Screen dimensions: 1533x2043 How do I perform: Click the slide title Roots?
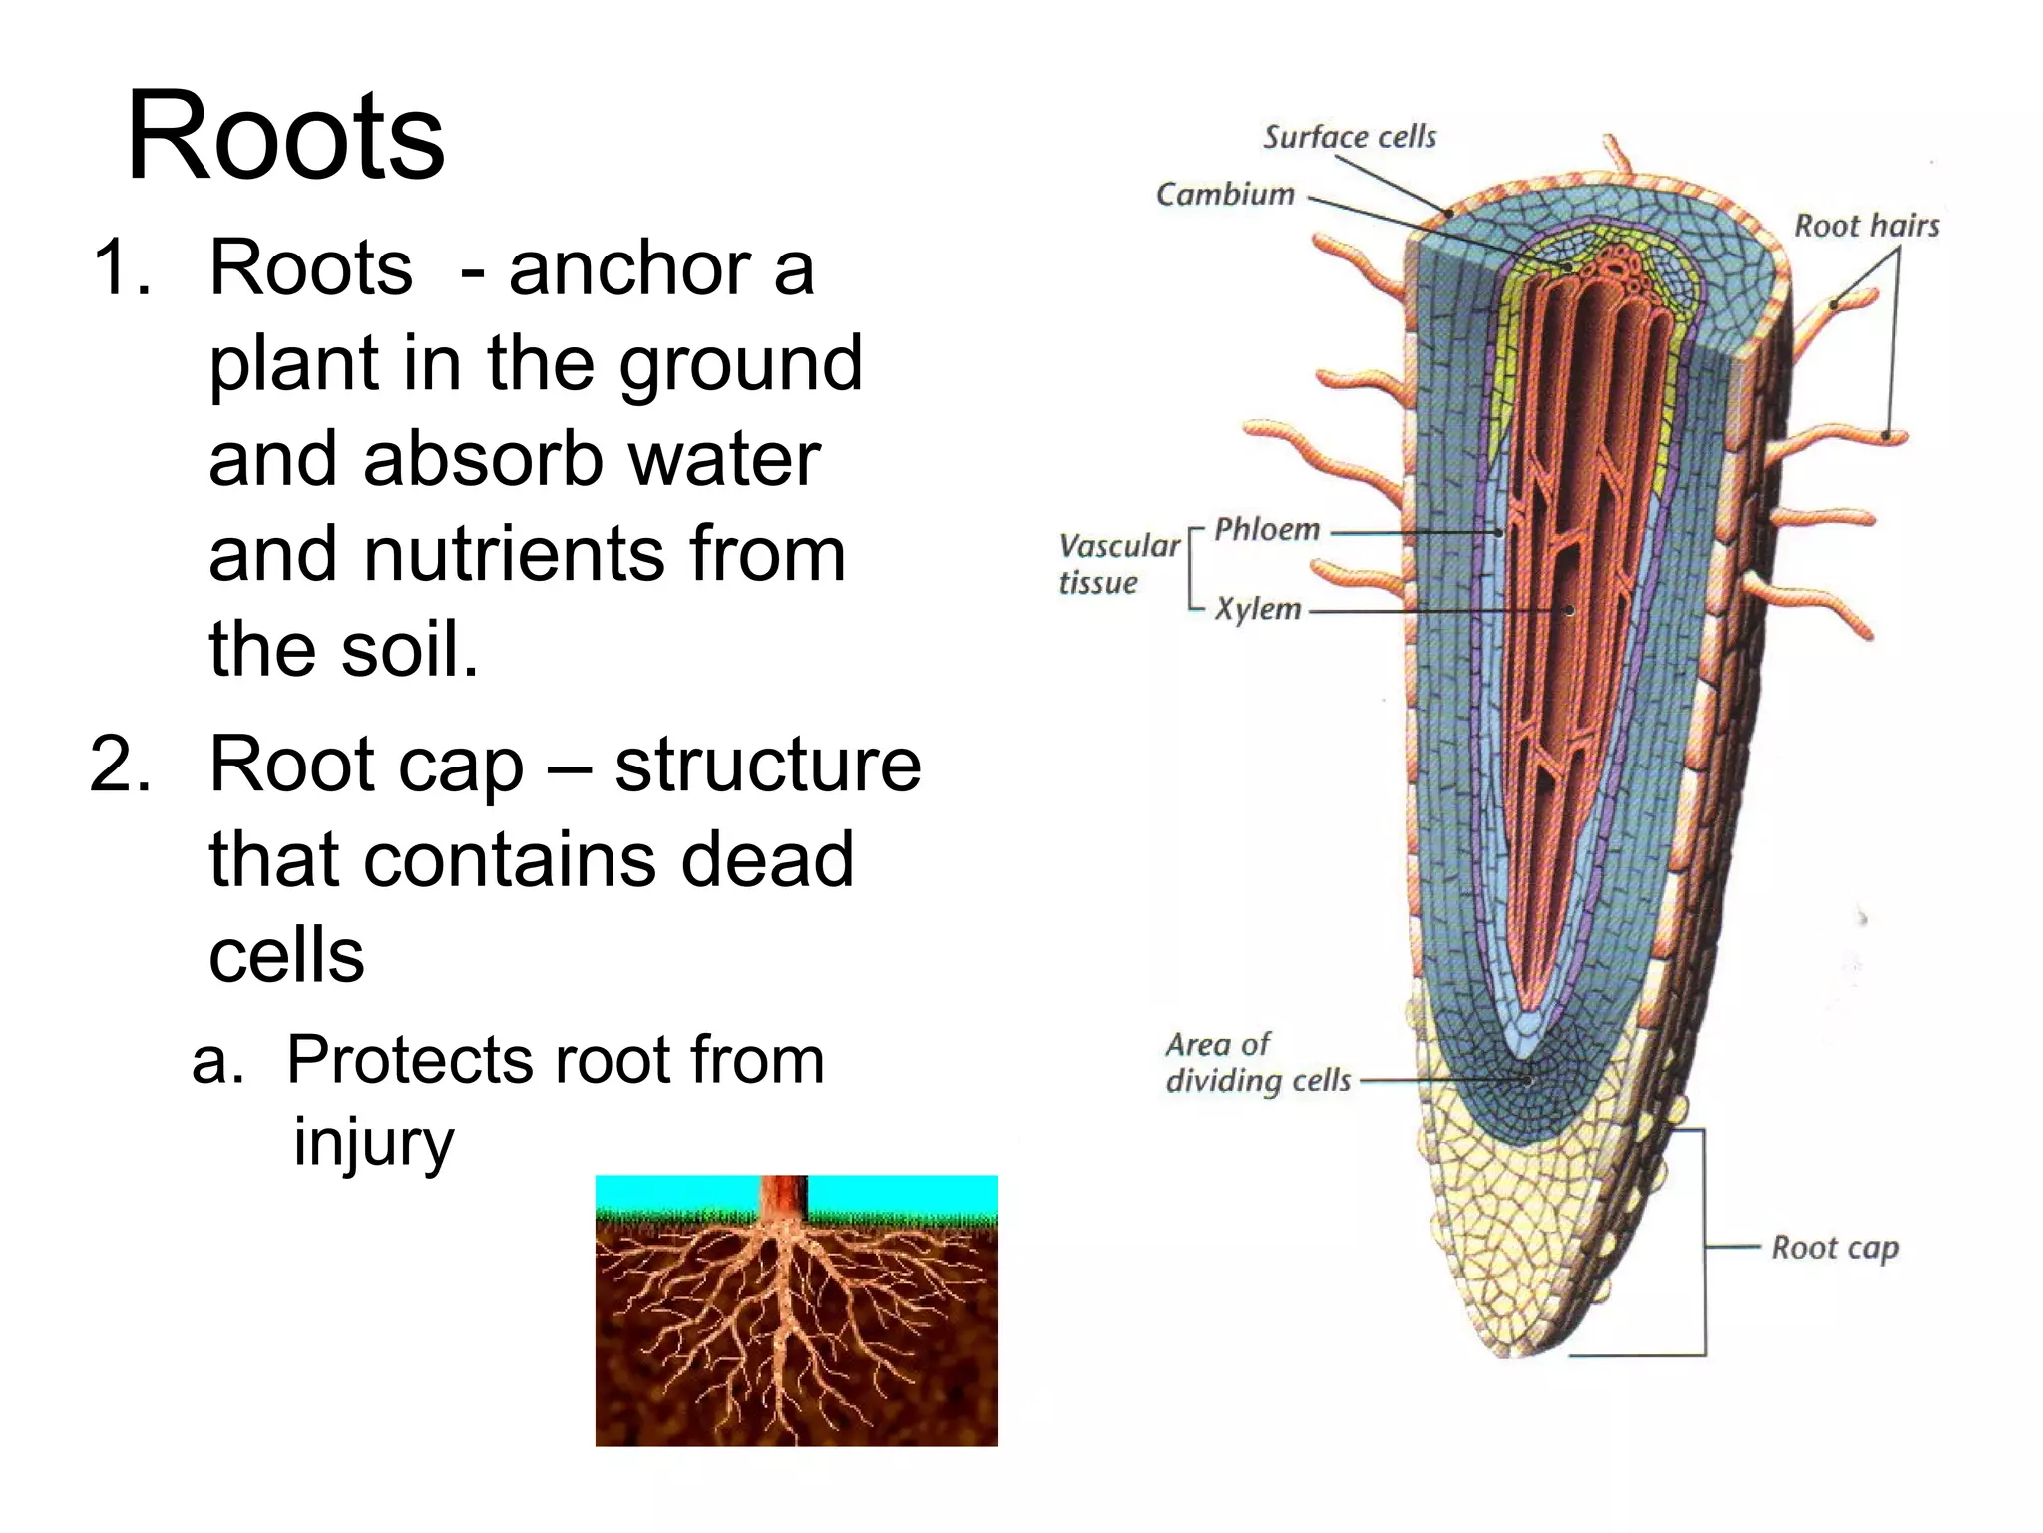point(285,137)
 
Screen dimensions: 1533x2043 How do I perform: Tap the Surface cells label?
point(1350,137)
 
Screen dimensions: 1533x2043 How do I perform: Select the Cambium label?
point(1225,194)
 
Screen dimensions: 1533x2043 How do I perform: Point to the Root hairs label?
point(1866,226)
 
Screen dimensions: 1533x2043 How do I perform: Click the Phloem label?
point(1267,529)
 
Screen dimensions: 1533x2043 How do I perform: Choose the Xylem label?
point(1258,609)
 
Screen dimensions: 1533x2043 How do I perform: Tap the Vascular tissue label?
point(1117,564)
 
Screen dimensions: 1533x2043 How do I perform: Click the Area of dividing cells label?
point(1257,1063)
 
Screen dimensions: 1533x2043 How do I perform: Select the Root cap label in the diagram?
point(1835,1248)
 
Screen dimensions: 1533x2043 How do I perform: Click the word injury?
point(373,1143)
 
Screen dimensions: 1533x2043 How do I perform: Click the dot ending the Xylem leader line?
point(1569,610)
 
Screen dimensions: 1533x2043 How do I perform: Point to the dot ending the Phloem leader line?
point(1499,533)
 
